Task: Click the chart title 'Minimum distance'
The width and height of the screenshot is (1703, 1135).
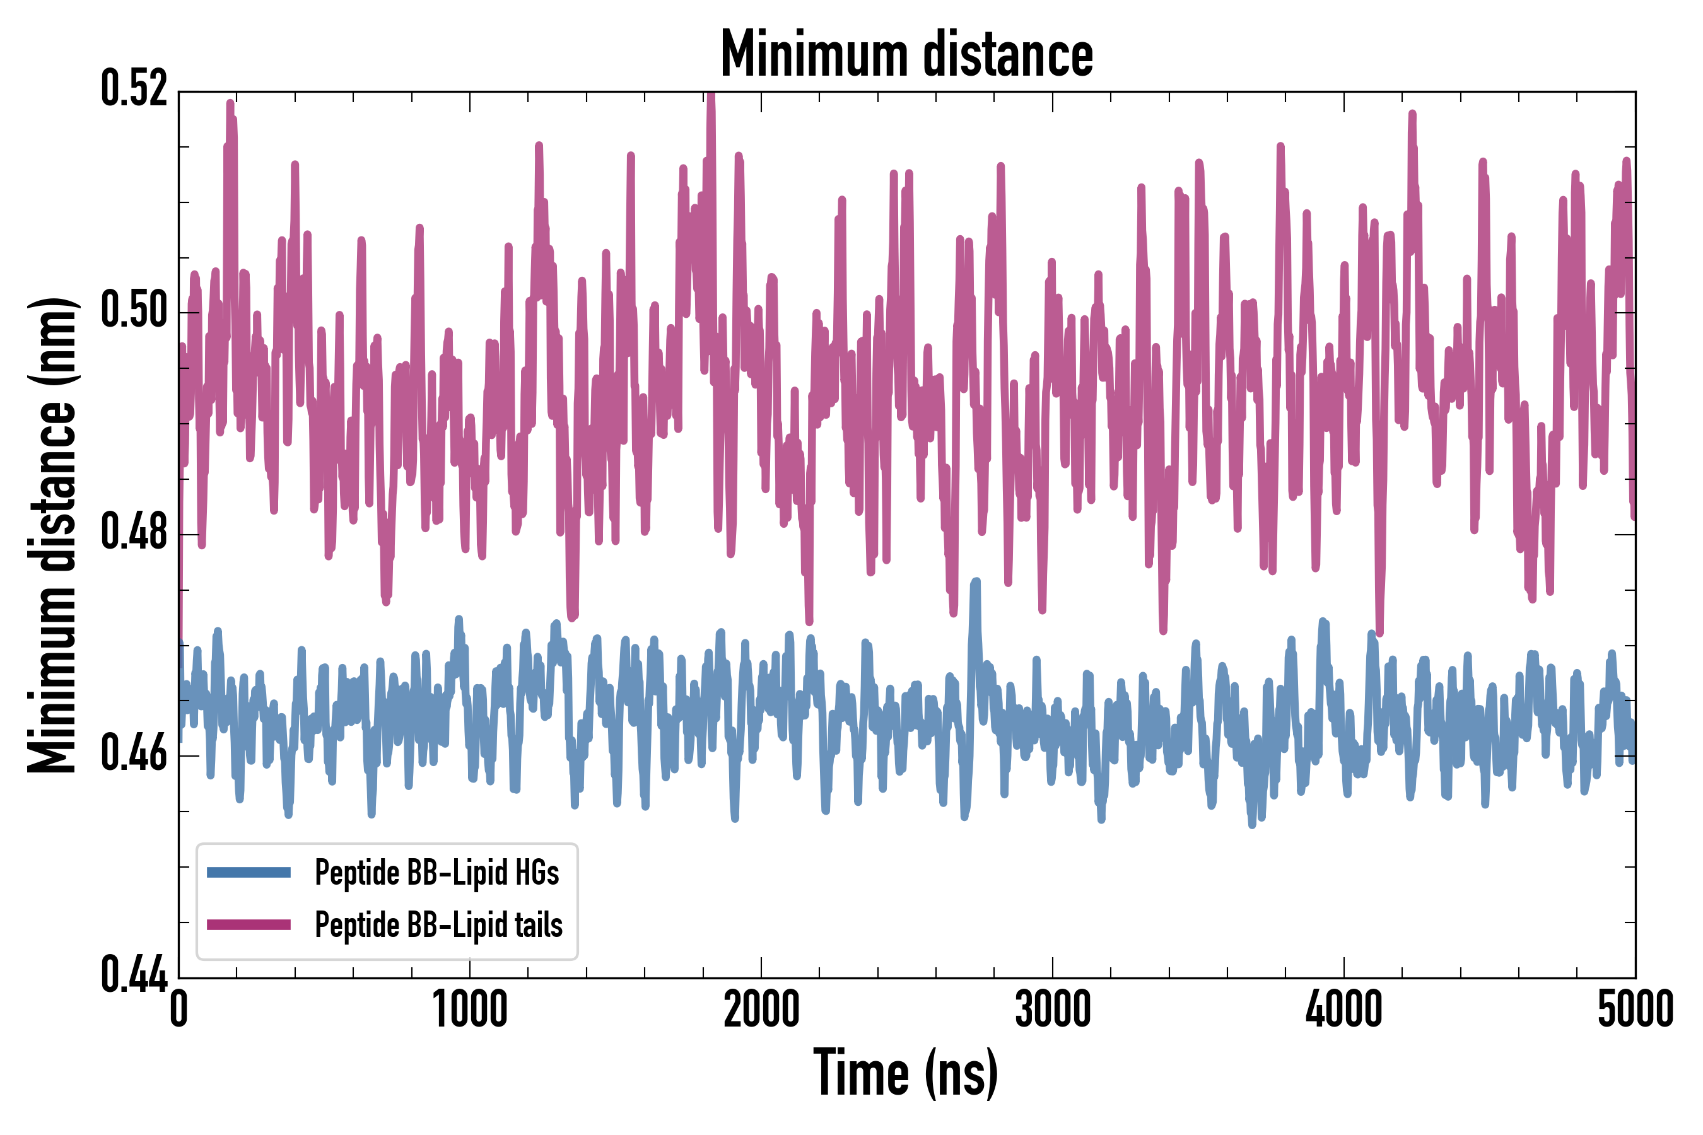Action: pyautogui.click(x=906, y=54)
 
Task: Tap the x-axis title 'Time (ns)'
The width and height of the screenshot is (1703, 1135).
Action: pyautogui.click(x=905, y=1073)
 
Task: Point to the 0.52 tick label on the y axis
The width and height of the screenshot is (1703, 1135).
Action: pyautogui.click(x=134, y=88)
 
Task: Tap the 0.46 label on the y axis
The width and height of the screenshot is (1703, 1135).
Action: pyautogui.click(x=134, y=754)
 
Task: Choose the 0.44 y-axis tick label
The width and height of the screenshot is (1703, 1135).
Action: pyautogui.click(x=134, y=975)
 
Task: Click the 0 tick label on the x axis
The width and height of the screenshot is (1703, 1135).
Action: pyautogui.click(x=179, y=1009)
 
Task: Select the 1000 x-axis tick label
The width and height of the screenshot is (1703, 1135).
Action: pyautogui.click(x=470, y=1009)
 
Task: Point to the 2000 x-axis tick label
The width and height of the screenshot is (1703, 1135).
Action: pyautogui.click(x=761, y=1009)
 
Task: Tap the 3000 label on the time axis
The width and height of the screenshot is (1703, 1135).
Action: pyautogui.click(x=1052, y=1009)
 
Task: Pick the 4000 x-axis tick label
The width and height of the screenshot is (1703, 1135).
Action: pyautogui.click(x=1343, y=1009)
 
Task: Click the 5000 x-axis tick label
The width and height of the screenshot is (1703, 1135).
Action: pyautogui.click(x=1635, y=1009)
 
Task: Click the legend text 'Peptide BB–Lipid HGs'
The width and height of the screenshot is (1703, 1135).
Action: pyautogui.click(x=436, y=872)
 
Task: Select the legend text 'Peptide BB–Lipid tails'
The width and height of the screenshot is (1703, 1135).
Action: pyautogui.click(x=438, y=924)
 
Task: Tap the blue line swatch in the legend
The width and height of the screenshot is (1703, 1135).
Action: pyautogui.click(x=249, y=872)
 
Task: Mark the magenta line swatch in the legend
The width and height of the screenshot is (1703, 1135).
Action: pyautogui.click(x=249, y=924)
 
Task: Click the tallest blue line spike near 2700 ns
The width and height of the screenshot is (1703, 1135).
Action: pyautogui.click(x=975, y=583)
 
